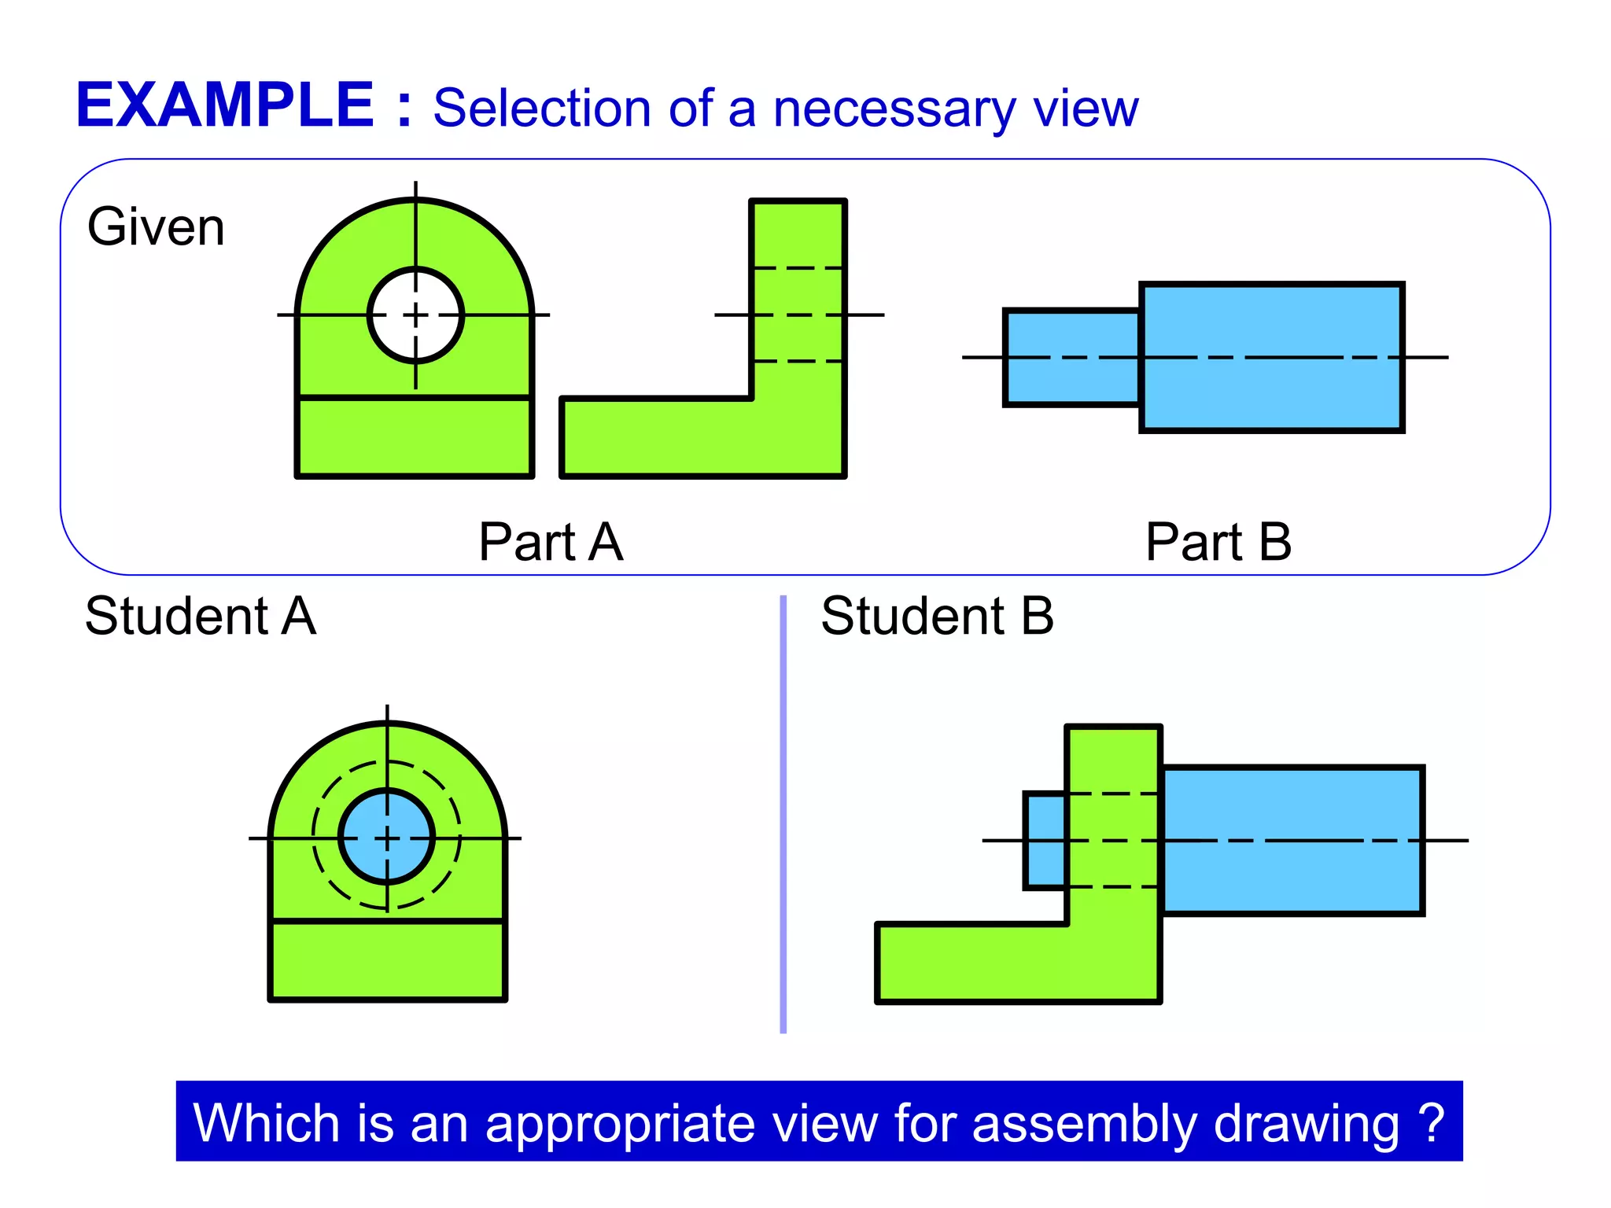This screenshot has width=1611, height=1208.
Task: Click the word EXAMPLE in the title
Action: tap(224, 105)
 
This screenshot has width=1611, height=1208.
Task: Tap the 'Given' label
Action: tap(156, 227)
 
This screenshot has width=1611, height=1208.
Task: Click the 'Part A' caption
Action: tap(551, 542)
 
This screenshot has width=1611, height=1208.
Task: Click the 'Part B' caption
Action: tap(1218, 542)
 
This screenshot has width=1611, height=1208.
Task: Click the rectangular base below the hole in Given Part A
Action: tap(415, 437)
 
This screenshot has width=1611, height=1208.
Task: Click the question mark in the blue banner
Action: tap(1432, 1122)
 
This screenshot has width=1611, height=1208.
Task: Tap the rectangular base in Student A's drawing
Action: tap(387, 959)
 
